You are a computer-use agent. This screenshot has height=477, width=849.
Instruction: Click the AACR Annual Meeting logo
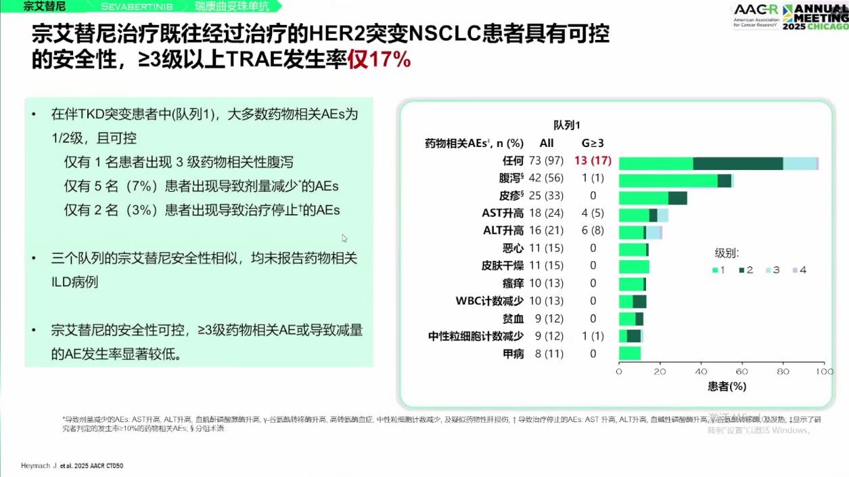pyautogui.click(x=789, y=16)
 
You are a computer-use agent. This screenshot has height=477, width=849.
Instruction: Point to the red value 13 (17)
pyautogui.click(x=593, y=161)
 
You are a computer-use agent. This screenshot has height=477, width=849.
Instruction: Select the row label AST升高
pyautogui.click(x=503, y=213)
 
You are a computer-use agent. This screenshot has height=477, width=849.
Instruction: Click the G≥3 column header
pyautogui.click(x=593, y=143)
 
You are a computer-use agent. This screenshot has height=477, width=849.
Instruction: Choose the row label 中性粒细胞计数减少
pyautogui.click(x=476, y=336)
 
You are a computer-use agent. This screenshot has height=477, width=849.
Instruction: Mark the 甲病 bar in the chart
pyautogui.click(x=630, y=353)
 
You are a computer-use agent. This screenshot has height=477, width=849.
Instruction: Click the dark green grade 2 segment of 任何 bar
pyautogui.click(x=738, y=163)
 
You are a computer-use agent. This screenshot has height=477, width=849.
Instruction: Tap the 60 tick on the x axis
pyautogui.click(x=742, y=371)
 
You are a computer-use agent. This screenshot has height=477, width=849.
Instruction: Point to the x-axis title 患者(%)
pyautogui.click(x=727, y=386)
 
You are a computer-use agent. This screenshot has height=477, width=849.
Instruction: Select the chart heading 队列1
pyautogui.click(x=567, y=125)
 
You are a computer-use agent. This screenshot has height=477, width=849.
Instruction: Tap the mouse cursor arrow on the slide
pyautogui.click(x=344, y=238)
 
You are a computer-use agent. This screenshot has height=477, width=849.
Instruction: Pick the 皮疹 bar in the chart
pyautogui.click(x=653, y=198)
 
